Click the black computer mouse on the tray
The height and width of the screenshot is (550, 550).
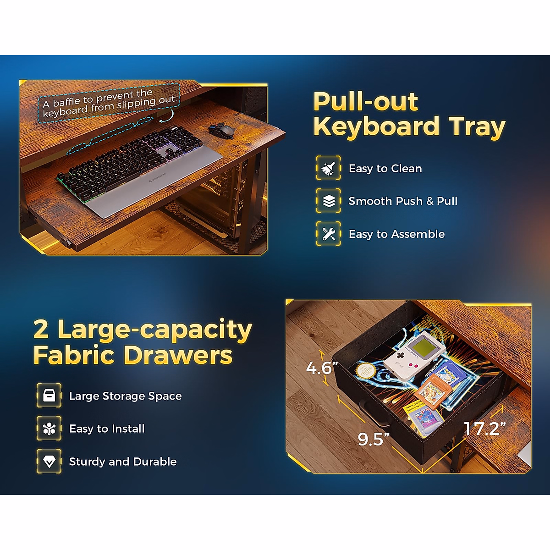[x=221, y=131]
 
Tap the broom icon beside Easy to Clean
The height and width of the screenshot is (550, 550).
[x=328, y=168]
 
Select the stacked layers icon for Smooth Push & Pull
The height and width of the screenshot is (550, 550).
[x=328, y=201]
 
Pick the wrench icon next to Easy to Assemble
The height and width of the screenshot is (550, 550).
[x=328, y=234]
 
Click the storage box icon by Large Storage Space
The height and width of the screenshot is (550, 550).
[x=49, y=396]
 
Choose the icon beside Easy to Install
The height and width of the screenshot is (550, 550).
[x=49, y=429]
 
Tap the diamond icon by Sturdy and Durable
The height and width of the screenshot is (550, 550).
[x=49, y=462]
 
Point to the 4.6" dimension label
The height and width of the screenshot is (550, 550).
[x=322, y=368]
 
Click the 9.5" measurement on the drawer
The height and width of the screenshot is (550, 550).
[x=374, y=439]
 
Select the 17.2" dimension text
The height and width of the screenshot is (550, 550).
[x=485, y=428]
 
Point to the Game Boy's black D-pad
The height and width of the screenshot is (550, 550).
[x=401, y=355]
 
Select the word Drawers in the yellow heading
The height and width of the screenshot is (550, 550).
[x=178, y=355]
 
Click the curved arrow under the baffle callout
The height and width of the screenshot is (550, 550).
[x=168, y=117]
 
